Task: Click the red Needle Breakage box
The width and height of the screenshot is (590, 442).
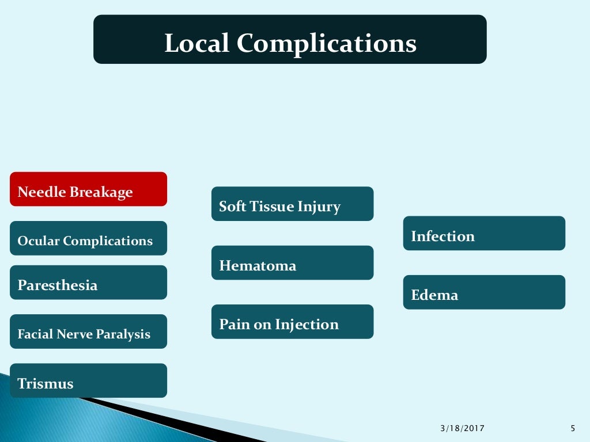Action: (88, 189)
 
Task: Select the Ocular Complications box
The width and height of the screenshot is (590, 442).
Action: (88, 238)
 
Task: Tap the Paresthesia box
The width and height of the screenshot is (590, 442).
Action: (88, 283)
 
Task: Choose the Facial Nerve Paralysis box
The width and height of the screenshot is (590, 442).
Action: (88, 331)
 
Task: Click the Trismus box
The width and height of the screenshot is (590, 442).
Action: (88, 380)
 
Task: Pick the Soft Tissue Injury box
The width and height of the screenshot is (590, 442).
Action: (292, 204)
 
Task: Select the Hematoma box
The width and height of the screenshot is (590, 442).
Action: (292, 263)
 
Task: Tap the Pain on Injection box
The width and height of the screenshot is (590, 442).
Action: (292, 322)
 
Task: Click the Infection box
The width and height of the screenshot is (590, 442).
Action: (484, 233)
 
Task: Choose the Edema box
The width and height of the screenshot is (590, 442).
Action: (484, 292)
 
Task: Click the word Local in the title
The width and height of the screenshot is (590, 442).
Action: (196, 43)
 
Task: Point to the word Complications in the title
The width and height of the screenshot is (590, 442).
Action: (326, 44)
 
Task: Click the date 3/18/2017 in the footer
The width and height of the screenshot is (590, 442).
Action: (462, 428)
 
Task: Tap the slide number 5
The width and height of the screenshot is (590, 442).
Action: (572, 428)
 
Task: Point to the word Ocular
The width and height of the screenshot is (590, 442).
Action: (39, 241)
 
